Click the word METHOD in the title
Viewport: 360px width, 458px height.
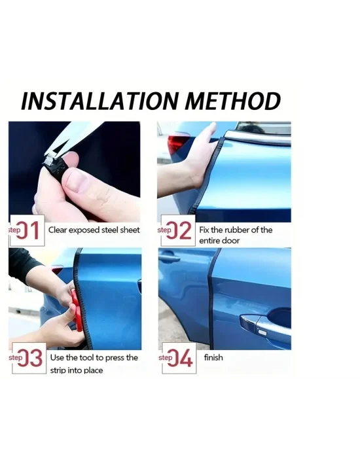(x=232, y=101)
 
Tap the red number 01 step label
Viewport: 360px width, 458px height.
(x=27, y=230)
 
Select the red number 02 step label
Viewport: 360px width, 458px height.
(x=179, y=230)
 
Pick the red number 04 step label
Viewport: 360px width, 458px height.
(x=180, y=358)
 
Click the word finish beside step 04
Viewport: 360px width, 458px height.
(x=213, y=357)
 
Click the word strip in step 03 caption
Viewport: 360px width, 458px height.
(x=58, y=370)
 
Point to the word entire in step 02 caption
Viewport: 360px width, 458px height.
(x=209, y=241)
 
